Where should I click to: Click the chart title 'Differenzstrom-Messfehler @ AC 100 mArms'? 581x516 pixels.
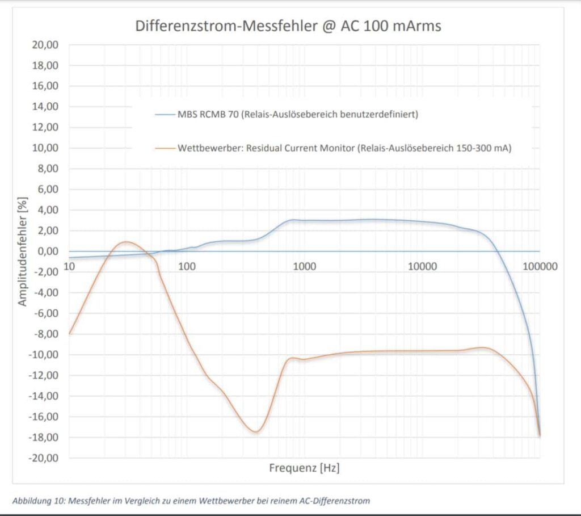(x=288, y=26)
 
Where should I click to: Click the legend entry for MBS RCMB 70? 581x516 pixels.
(x=286, y=115)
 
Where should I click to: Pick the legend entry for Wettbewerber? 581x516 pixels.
(x=337, y=149)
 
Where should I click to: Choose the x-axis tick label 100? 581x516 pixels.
(x=187, y=265)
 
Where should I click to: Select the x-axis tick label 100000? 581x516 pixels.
(x=540, y=265)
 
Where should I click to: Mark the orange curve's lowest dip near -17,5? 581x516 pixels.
(x=256, y=432)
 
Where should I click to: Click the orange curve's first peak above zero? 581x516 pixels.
(x=126, y=242)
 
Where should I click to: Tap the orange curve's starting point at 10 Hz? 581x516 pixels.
(x=69, y=334)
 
